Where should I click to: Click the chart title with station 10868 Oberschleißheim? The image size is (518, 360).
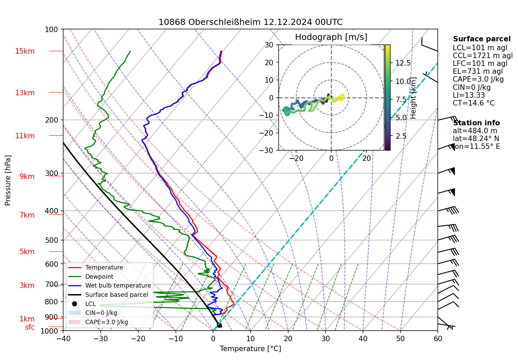[250, 22]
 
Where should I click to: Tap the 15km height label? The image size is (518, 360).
[25, 51]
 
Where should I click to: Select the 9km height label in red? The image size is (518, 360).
[27, 177]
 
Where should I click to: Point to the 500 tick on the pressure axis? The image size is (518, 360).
[52, 240]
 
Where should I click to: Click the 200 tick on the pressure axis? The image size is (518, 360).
[52, 120]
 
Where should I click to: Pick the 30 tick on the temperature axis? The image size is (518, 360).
[325, 338]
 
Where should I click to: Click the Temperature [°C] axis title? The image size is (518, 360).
[250, 348]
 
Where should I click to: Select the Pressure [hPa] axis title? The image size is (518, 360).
[8, 180]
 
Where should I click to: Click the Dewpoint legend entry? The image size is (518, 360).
[99, 277]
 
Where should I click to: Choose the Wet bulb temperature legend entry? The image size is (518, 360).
[118, 286]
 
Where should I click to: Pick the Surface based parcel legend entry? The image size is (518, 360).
[116, 295]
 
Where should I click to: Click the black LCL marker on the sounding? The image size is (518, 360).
[219, 325]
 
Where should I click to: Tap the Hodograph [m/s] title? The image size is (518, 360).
[331, 37]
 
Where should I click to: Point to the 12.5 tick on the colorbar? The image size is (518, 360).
[403, 63]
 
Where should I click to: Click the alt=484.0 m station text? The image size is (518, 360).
[475, 131]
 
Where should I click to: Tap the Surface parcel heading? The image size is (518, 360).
[481, 39]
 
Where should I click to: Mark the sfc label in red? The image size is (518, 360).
[30, 327]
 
